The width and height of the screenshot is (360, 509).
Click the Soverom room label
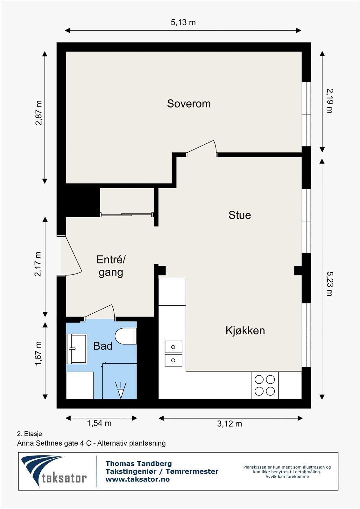pyautogui.click(x=189, y=104)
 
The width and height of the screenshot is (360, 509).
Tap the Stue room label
pyautogui.click(x=240, y=215)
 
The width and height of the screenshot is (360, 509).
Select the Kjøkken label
pyautogui.click(x=245, y=331)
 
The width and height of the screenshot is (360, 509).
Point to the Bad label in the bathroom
pyautogui.click(x=102, y=346)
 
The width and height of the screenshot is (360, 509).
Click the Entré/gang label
pyautogui.click(x=111, y=266)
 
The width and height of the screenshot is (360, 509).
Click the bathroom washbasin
pyautogui.click(x=76, y=349)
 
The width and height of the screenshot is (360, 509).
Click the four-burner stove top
pyautogui.click(x=265, y=385)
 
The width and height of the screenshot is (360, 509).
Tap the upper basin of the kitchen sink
pyautogui.click(x=173, y=347)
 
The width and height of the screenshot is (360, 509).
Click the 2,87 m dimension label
pyautogui.click(x=39, y=113)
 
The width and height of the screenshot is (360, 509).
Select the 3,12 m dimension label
pyautogui.click(x=229, y=424)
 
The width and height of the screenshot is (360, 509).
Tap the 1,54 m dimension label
pyautogui.click(x=99, y=423)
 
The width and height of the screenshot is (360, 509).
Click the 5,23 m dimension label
pyautogui.click(x=329, y=283)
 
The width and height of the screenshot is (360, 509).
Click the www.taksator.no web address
pyautogui.click(x=138, y=479)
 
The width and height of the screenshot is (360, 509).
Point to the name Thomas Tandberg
pyautogui.click(x=138, y=464)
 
